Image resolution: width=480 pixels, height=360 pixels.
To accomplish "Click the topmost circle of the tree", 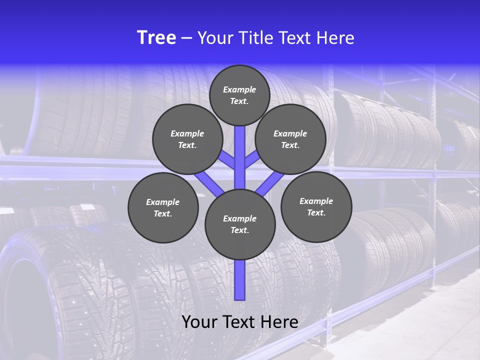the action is pyautogui.click(x=239, y=95).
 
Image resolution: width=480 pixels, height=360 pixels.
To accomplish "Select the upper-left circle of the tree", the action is pyautogui.click(x=187, y=139).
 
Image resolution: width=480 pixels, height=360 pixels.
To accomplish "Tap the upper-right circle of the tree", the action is pyautogui.click(x=290, y=139).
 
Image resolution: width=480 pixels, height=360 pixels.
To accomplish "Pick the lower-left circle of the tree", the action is pyautogui.click(x=163, y=208).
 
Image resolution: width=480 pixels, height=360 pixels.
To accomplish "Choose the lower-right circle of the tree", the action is pyautogui.click(x=316, y=207).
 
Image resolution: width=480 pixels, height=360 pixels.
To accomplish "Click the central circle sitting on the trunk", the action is pyautogui.click(x=240, y=224).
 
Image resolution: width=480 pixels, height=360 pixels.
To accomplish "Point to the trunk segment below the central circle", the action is pyautogui.click(x=240, y=280).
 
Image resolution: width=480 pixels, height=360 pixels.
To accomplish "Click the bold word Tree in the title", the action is pyautogui.click(x=156, y=38).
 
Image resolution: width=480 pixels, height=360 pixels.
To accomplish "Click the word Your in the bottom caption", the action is pyautogui.click(x=199, y=322).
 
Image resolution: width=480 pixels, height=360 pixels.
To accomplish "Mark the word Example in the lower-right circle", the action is pyautogui.click(x=316, y=201).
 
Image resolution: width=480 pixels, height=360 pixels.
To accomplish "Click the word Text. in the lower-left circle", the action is pyautogui.click(x=162, y=214).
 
